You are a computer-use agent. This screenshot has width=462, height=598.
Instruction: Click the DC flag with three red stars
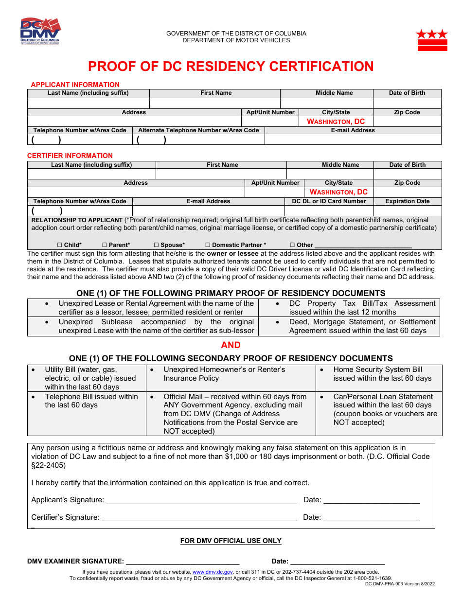click(432, 40)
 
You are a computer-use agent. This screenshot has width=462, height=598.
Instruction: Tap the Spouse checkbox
click(157, 245)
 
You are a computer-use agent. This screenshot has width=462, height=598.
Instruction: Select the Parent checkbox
click(105, 245)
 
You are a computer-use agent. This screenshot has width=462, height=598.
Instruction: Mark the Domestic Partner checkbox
click(208, 245)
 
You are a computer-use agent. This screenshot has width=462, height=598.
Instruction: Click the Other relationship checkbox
click(292, 245)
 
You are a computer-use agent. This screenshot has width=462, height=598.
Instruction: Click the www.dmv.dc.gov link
click(213, 572)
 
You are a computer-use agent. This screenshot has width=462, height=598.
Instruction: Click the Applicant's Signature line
click(201, 500)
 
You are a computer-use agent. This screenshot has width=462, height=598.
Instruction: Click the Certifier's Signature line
click(198, 518)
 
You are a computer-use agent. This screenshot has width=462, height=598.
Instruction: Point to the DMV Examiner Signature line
click(182, 562)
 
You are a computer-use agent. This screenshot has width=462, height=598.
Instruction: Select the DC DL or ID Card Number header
click(329, 201)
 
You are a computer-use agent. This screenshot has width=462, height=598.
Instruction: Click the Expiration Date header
click(408, 201)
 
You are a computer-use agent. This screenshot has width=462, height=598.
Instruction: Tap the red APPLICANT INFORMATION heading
click(75, 85)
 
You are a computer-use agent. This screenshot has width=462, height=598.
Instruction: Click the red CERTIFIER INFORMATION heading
click(70, 156)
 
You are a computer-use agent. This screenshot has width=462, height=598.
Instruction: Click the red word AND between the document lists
click(231, 345)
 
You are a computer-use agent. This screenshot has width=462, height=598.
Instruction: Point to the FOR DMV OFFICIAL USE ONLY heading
click(231, 541)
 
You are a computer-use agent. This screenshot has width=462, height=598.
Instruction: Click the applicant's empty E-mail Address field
click(353, 140)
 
